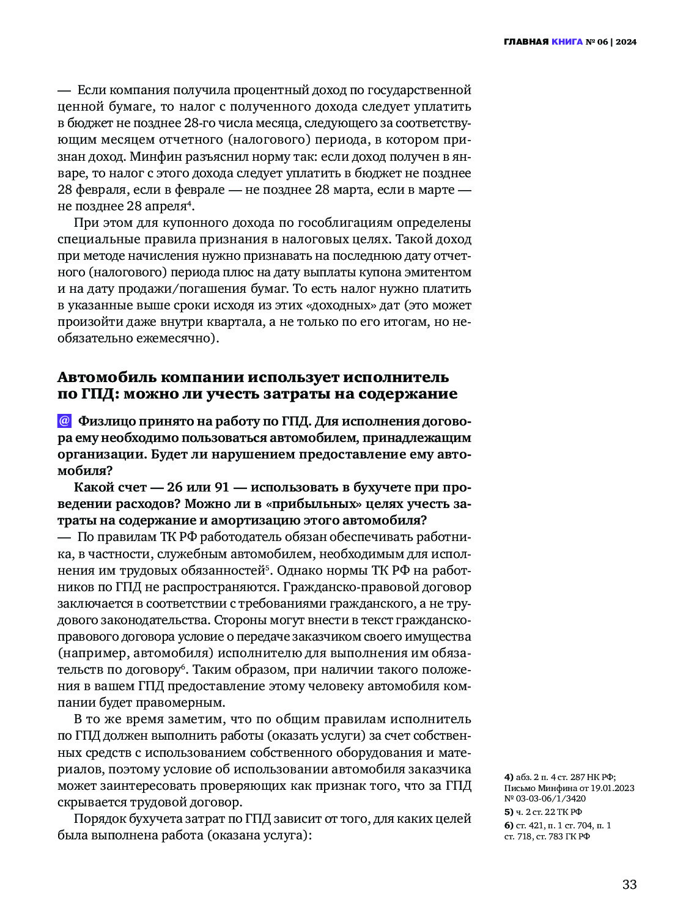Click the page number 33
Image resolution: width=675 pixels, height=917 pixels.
pos(629,885)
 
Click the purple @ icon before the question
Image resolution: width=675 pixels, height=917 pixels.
pos(64,421)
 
